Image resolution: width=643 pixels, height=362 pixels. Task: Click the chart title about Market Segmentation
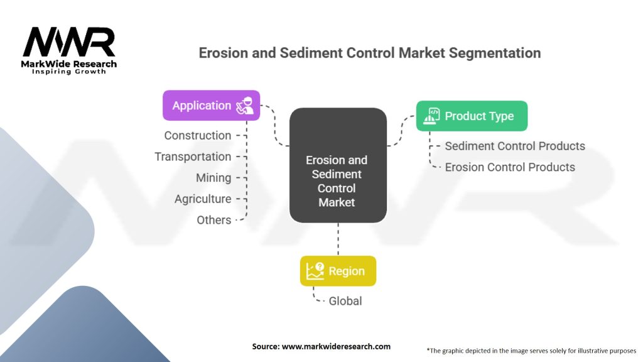coord(369,53)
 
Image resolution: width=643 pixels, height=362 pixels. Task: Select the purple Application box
coord(211,106)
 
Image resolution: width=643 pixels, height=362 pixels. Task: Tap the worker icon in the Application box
coord(245,106)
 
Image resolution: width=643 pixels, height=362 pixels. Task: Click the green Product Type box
coord(472,116)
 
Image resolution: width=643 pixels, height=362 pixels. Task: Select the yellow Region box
coord(338,271)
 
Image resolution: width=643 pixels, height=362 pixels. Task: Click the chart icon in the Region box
coord(315,271)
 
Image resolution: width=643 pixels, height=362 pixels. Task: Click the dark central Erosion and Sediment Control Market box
coord(337,165)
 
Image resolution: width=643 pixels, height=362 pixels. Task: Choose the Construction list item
coord(198,136)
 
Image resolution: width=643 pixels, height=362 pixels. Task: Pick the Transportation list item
coord(193,156)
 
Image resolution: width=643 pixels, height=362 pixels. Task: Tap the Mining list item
coord(213,178)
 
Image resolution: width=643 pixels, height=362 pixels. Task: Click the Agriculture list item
coord(203,199)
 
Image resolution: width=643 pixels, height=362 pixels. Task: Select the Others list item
coord(214,220)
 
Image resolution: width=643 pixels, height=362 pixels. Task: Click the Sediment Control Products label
coord(515,146)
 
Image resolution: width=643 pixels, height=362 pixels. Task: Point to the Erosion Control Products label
coord(510,167)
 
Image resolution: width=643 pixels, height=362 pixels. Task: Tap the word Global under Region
coord(345,301)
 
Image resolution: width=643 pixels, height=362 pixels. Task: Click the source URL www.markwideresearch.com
coord(321,346)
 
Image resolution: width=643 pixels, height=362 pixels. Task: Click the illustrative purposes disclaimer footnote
coord(531,350)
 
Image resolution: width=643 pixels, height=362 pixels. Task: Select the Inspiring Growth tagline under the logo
coord(69,72)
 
